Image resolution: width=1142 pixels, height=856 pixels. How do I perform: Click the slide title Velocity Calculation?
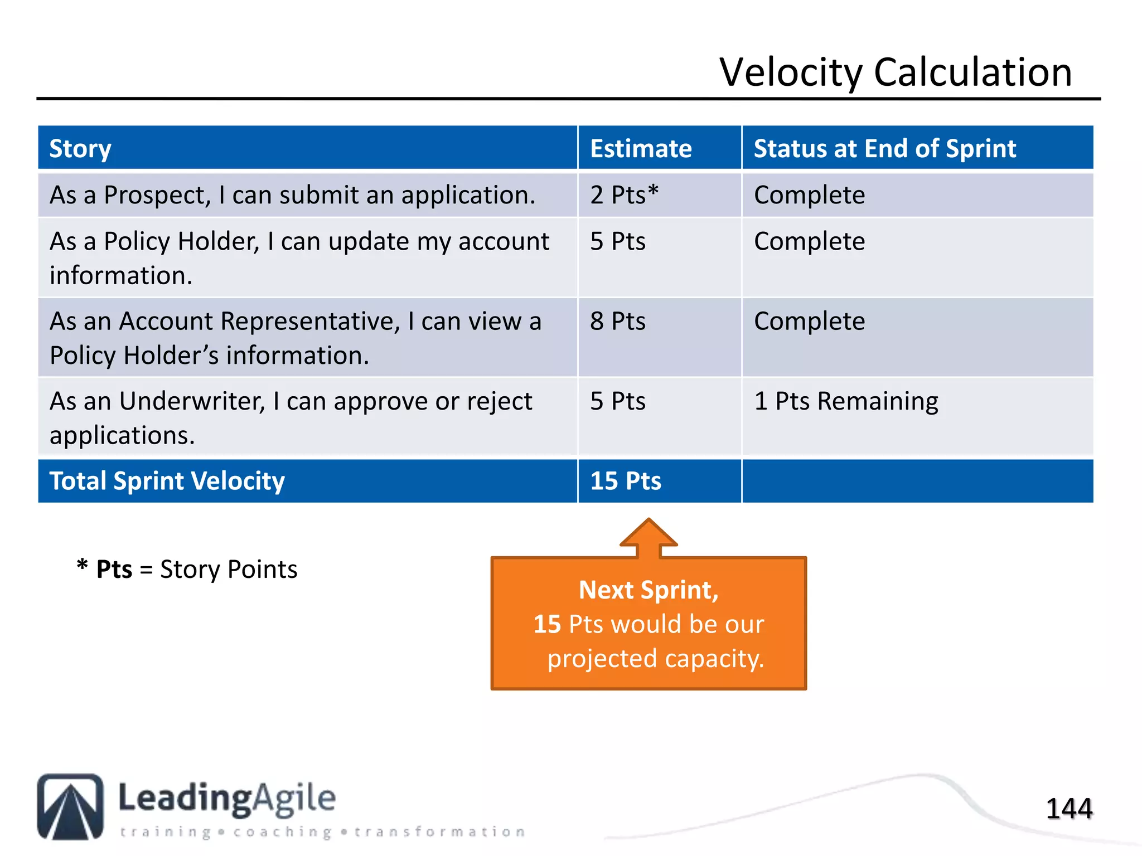[896, 72]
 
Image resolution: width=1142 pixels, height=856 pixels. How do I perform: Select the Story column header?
[80, 149]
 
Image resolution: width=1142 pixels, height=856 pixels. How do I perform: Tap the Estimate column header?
[641, 149]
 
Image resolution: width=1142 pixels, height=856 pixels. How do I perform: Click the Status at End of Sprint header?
[884, 149]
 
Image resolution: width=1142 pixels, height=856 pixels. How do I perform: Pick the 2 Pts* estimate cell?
[624, 195]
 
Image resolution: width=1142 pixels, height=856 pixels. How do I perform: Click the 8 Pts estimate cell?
[618, 322]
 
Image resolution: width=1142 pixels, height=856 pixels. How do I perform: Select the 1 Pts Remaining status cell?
[845, 401]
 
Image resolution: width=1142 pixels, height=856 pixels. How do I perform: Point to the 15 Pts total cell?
[625, 481]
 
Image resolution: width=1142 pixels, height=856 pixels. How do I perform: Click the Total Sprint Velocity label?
[167, 481]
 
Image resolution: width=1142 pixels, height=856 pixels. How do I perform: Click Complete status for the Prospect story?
[809, 195]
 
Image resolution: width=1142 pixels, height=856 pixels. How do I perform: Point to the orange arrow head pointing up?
[649, 534]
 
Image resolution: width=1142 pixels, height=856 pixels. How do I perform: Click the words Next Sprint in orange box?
[648, 590]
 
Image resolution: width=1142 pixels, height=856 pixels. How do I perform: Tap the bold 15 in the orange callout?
[546, 624]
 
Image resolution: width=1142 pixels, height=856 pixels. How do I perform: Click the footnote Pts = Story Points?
[187, 570]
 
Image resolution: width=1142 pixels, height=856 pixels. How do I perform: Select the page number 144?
[1068, 809]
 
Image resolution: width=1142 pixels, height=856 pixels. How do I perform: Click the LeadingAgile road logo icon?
[70, 806]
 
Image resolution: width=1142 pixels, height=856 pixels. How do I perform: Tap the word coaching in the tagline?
[282, 832]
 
